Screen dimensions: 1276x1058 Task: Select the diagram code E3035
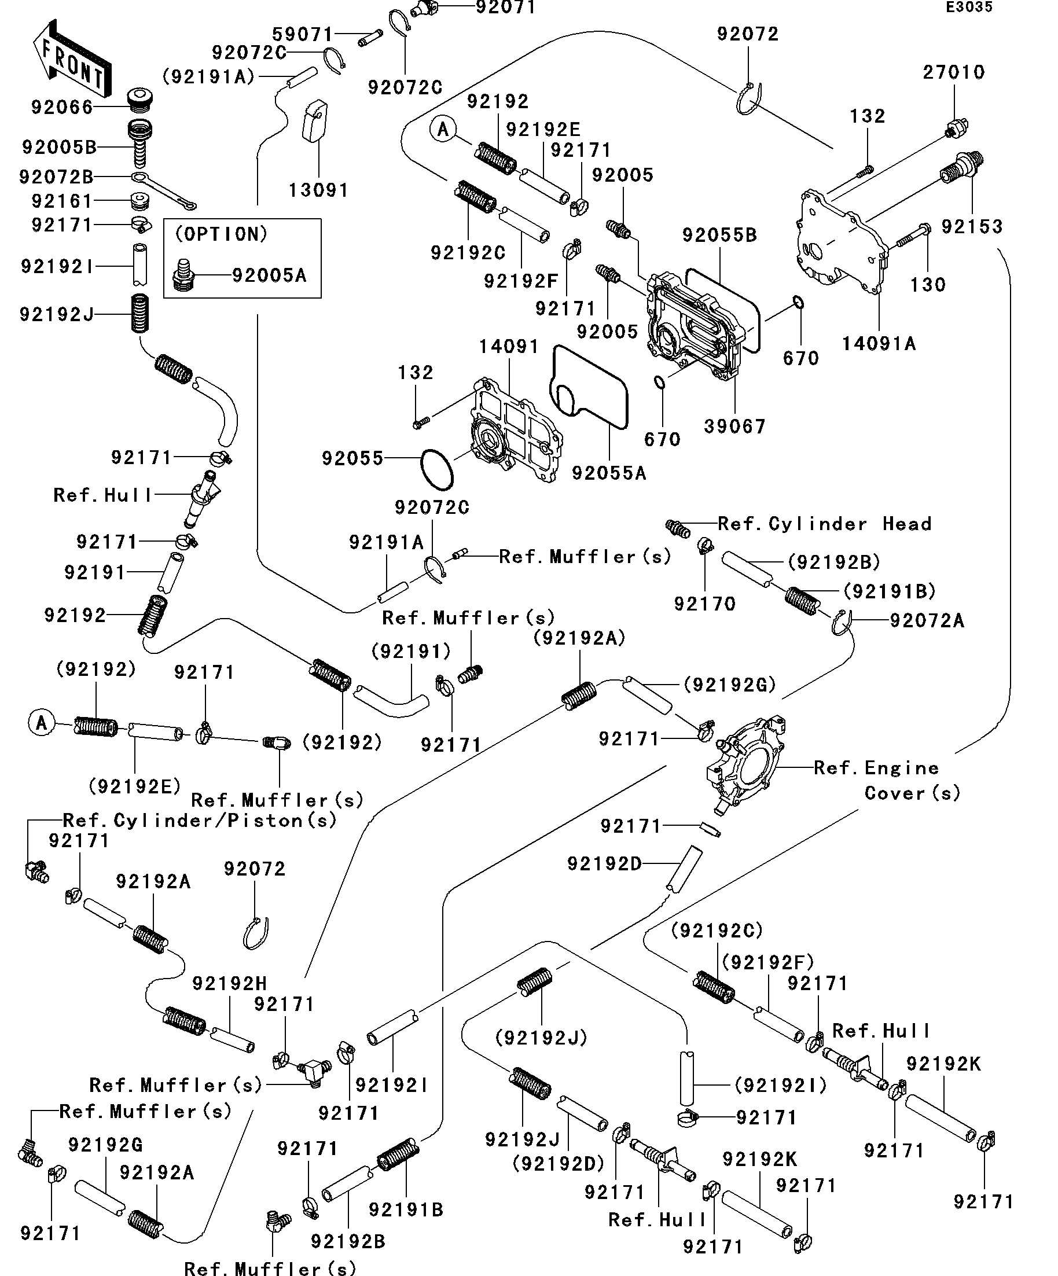969,8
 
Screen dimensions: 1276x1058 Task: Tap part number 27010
953,73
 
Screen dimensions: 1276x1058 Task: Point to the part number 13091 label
318,191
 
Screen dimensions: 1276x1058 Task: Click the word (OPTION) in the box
221,234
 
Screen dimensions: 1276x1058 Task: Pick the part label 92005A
269,276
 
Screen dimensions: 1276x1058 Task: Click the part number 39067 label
734,426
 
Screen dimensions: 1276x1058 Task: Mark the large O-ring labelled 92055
437,469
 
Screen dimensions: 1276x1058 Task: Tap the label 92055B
719,235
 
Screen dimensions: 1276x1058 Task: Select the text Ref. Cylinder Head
825,524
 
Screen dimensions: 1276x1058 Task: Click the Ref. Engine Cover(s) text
887,780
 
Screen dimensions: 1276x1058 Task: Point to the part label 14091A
878,344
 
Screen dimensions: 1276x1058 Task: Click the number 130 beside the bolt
927,284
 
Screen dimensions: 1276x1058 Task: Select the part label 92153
972,227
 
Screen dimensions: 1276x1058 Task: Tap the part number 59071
303,35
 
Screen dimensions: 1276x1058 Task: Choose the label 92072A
927,620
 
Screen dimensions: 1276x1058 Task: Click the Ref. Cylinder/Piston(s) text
200,821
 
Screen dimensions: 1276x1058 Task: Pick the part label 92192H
230,983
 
